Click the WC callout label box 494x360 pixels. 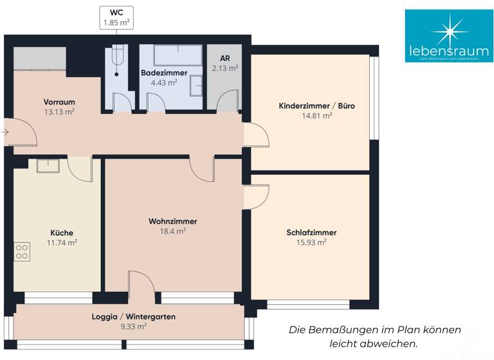click(116, 17)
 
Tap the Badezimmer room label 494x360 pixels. click(164, 73)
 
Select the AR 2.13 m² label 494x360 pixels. click(224, 63)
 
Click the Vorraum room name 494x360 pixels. click(59, 102)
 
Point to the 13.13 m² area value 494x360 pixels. click(59, 111)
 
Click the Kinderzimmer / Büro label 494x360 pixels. click(316, 106)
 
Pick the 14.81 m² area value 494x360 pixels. click(316, 116)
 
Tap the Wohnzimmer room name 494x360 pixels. click(172, 221)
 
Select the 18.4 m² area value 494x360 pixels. click(172, 231)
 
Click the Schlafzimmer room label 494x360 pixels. click(311, 233)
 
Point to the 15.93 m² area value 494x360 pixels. click(311, 242)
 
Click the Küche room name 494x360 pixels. click(62, 233)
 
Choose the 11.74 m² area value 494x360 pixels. click(62, 242)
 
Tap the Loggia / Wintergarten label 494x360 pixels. click(133, 317)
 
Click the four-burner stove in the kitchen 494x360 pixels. click(21, 251)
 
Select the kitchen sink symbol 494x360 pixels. click(48, 165)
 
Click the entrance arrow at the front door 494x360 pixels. click(5, 132)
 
